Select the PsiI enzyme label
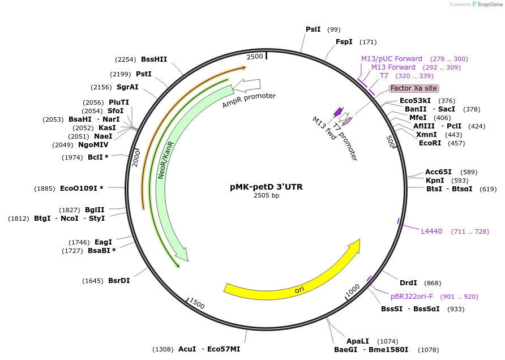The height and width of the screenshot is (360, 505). point(313,29)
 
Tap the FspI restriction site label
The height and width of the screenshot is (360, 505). point(344,42)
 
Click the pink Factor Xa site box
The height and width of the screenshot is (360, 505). point(414,88)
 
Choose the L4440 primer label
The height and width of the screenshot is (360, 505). point(431,232)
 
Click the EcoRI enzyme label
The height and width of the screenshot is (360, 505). point(430,143)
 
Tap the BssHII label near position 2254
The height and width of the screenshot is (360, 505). point(154,59)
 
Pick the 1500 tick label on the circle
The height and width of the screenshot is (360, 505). point(197,304)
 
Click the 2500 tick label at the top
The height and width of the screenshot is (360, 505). point(255,57)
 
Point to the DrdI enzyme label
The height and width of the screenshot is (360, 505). point(408,283)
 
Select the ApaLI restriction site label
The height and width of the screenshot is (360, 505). point(357,341)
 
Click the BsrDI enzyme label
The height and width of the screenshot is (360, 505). point(119,281)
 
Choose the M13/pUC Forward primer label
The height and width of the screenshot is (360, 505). point(391,59)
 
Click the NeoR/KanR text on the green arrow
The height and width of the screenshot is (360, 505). point(165,165)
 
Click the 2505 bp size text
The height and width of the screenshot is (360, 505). point(266,196)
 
